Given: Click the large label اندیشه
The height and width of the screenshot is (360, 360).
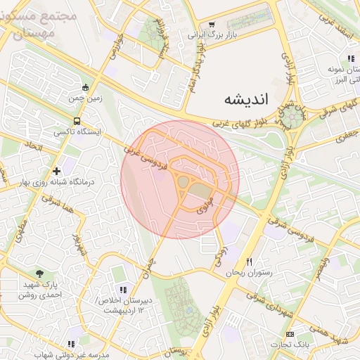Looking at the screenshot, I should click(245, 98).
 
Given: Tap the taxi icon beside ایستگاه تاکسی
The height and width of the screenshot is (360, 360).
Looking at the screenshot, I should click(56, 131).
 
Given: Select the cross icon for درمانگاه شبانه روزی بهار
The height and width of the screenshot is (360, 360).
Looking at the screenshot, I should click(56, 171).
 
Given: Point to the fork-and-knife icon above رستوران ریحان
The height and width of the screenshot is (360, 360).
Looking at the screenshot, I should click(249, 262).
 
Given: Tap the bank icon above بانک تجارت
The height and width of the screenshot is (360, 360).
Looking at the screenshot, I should click(290, 333).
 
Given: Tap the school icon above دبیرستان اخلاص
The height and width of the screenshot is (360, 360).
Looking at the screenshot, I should click(123, 290).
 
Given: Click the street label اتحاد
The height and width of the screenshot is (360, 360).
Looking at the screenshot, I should click(34, 147).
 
